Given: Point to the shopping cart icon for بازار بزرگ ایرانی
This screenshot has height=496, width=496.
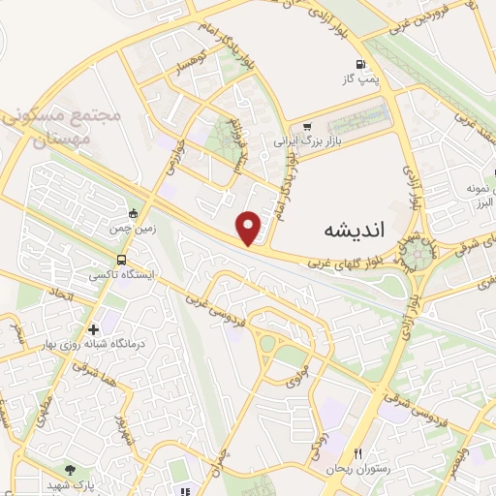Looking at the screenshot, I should click(x=308, y=126).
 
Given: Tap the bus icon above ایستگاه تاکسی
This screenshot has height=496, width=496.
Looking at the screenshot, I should click(x=121, y=260).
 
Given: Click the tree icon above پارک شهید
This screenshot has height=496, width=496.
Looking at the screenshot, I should click(x=70, y=469).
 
